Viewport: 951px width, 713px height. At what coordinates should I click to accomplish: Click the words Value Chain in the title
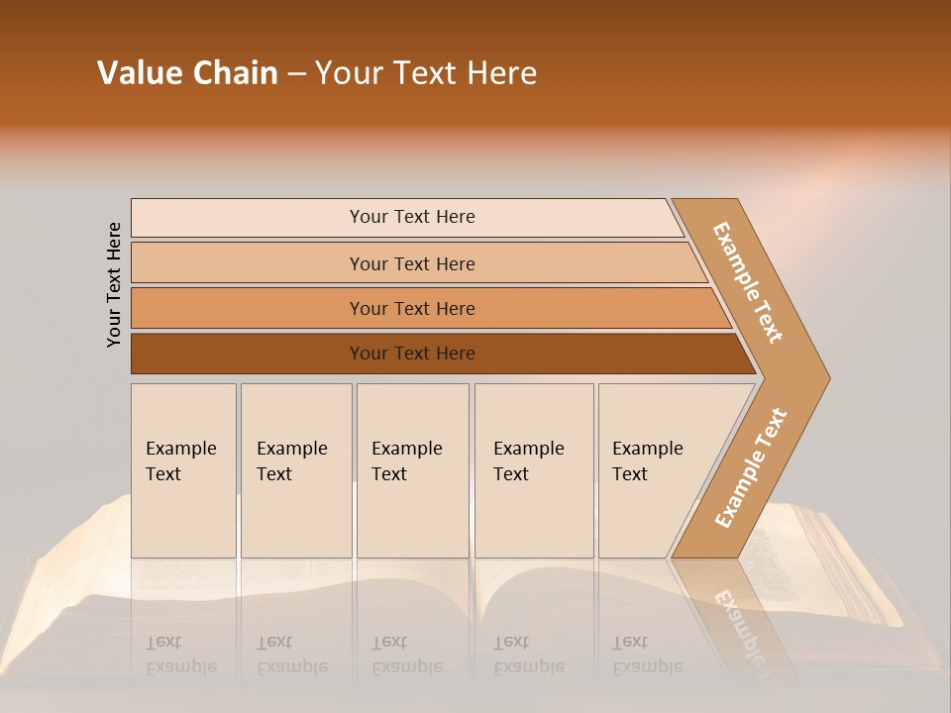pyautogui.click(x=187, y=73)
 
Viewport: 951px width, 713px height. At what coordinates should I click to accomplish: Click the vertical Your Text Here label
pyautogui.click(x=114, y=284)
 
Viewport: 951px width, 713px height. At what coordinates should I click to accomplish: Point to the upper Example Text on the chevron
pyautogui.click(x=748, y=282)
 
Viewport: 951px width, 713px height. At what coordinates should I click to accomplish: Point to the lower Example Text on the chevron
pyautogui.click(x=751, y=467)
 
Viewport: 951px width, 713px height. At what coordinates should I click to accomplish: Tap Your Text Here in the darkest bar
pyautogui.click(x=412, y=354)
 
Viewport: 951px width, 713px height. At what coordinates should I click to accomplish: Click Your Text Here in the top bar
pyautogui.click(x=412, y=217)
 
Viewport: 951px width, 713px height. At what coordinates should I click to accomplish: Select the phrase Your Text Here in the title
pyautogui.click(x=426, y=73)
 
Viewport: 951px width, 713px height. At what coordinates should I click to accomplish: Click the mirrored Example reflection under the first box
pyautogui.click(x=180, y=666)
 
